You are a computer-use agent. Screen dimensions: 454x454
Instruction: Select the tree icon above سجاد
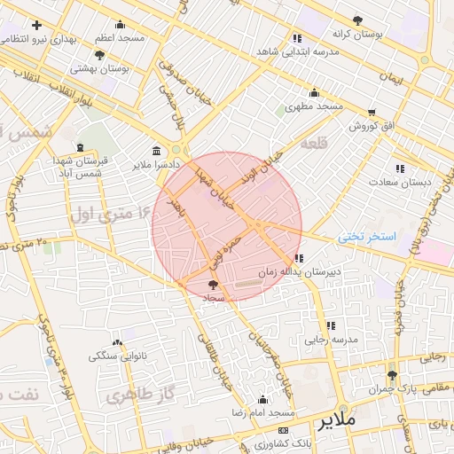pyautogui.click(x=212, y=285)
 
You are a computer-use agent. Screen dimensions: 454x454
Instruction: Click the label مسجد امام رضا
pyautogui.click(x=263, y=414)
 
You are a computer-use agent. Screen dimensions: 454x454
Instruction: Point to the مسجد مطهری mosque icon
pyautogui.click(x=313, y=93)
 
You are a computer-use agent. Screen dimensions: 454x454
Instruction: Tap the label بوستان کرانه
pyautogui.click(x=357, y=33)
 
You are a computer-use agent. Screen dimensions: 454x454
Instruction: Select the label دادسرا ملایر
pyautogui.click(x=156, y=165)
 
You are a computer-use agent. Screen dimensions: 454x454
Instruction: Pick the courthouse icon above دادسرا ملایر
pyautogui.click(x=157, y=150)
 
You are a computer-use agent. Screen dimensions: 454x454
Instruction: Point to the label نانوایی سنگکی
pyautogui.click(x=118, y=356)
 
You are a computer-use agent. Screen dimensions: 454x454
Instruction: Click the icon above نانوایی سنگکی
pyautogui.click(x=118, y=342)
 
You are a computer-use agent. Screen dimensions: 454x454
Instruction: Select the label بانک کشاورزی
pyautogui.click(x=271, y=442)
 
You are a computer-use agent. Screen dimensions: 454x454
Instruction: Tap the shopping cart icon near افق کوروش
pyautogui.click(x=371, y=112)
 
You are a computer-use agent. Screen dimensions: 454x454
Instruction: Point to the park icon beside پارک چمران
pyautogui.click(x=391, y=375)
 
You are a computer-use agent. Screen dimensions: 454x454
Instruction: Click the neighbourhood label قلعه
pyautogui.click(x=314, y=142)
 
